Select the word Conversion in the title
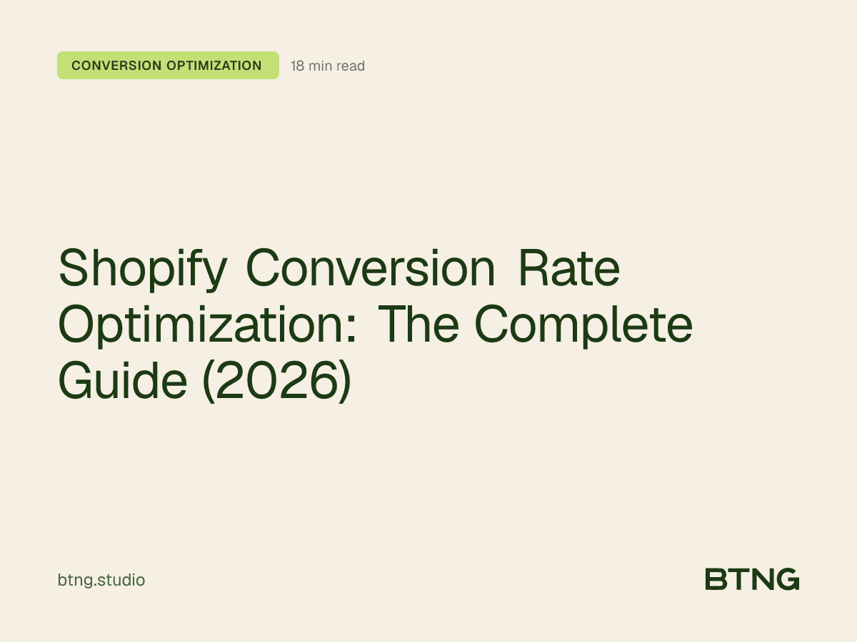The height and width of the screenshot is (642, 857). [x=370, y=268]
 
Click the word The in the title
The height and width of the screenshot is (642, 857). [x=419, y=325]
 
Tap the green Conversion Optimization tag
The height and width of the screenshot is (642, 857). [x=168, y=66]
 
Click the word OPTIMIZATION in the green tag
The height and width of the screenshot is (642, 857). [x=214, y=66]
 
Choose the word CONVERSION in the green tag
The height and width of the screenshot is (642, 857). [x=116, y=66]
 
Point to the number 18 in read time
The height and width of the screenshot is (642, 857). [x=298, y=66]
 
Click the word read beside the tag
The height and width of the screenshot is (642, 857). [x=350, y=66]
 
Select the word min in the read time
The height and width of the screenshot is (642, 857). [x=320, y=66]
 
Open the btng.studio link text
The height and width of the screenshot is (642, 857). [x=101, y=581]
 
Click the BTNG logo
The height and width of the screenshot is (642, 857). [x=751, y=579]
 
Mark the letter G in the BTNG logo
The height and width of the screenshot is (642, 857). [x=787, y=579]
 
